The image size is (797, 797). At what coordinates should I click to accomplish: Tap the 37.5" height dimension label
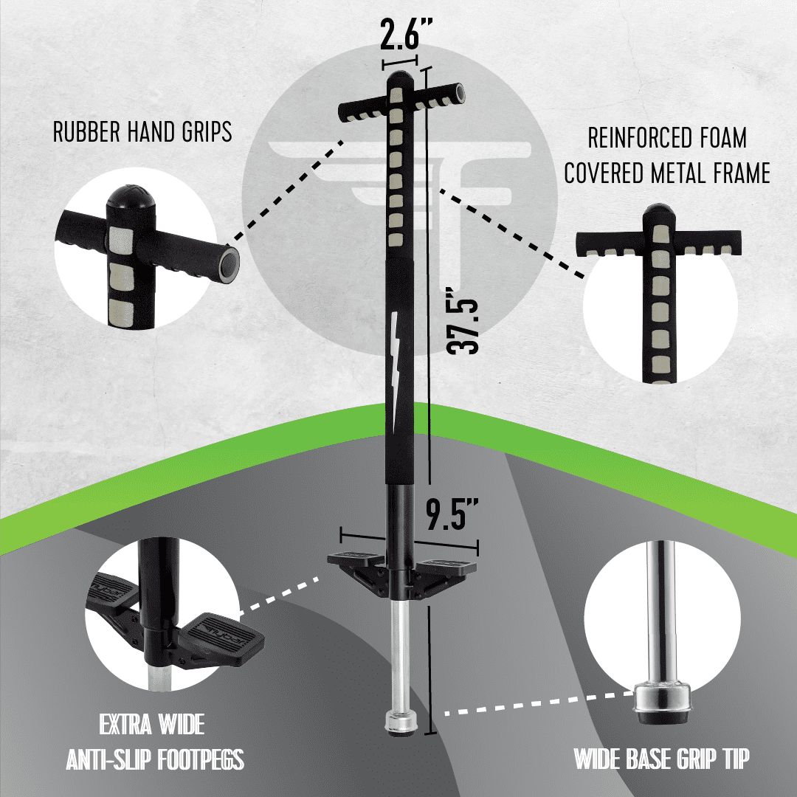463,321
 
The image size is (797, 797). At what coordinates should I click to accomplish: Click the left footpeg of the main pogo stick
355,559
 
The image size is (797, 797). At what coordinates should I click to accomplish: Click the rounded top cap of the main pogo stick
401,79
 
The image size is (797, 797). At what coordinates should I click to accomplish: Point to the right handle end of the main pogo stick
460,94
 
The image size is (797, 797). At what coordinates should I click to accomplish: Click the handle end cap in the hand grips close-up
229,264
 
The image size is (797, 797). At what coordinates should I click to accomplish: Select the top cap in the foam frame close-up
659,213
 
